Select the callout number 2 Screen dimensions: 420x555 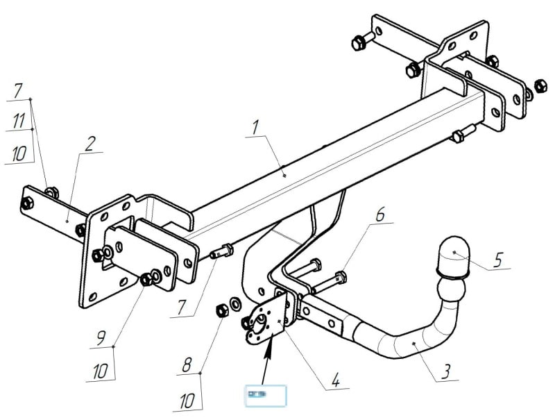pyautogui.click(x=89, y=143)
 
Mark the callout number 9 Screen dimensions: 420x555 pyautogui.click(x=102, y=339)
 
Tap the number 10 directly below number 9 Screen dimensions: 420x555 pyautogui.click(x=101, y=371)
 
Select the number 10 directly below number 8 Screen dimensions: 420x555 pyautogui.click(x=187, y=401)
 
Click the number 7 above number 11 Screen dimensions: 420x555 pyautogui.click(x=19, y=90)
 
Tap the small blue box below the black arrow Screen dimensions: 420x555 pyautogui.click(x=265, y=394)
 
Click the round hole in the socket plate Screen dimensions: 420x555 pyautogui.click(x=262, y=319)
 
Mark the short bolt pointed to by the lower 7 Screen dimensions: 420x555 pyautogui.click(x=221, y=251)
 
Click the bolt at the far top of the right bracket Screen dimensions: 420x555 pyautogui.click(x=361, y=39)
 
